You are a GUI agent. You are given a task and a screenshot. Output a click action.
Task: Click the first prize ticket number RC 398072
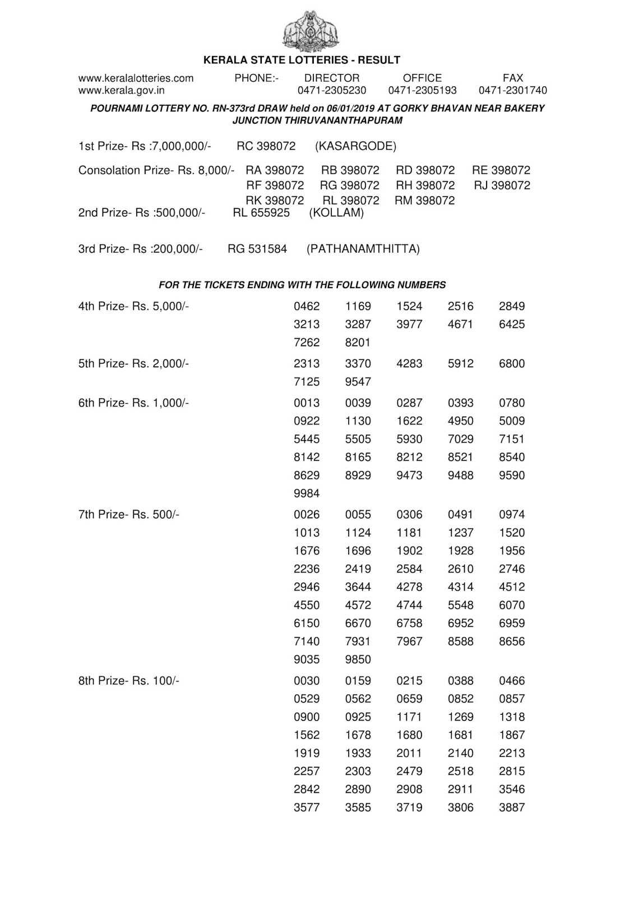click(266, 146)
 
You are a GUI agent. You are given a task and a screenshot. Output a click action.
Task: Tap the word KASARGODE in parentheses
click(355, 146)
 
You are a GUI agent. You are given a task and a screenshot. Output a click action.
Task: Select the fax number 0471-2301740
click(512, 90)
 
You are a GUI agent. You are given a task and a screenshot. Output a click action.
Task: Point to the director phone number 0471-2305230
click(331, 90)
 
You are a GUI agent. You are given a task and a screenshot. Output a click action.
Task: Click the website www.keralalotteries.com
click(136, 78)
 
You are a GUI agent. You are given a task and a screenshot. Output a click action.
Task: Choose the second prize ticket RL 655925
click(261, 213)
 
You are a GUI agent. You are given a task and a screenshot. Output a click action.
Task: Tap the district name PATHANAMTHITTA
click(363, 249)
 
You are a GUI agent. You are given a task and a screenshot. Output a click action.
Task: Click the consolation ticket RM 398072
click(424, 200)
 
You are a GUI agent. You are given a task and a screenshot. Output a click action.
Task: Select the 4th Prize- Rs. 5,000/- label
click(133, 306)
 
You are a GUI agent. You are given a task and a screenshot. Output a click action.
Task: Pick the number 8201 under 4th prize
click(358, 342)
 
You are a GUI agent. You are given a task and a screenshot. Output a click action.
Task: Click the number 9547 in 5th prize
click(358, 381)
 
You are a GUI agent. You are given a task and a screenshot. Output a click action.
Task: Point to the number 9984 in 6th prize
click(307, 493)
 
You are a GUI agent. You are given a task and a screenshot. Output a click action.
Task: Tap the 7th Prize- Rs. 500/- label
click(128, 514)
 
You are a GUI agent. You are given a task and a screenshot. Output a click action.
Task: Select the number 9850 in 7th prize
click(358, 659)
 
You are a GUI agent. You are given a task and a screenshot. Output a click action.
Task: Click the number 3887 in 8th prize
click(512, 807)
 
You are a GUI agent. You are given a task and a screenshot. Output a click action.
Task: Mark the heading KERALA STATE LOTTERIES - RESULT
click(302, 60)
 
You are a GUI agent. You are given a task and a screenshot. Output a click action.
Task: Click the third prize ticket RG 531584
click(257, 249)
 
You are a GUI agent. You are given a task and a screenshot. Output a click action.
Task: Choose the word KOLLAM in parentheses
click(336, 213)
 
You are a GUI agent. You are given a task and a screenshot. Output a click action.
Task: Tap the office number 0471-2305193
click(422, 90)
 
